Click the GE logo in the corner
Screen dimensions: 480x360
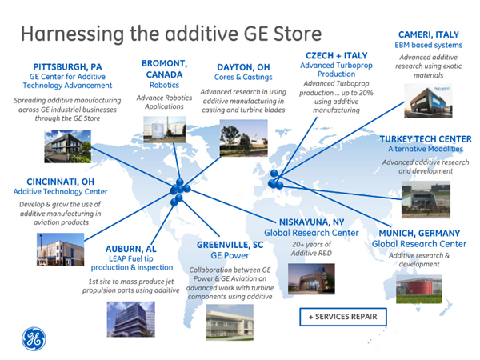pyautogui.click(x=34, y=339)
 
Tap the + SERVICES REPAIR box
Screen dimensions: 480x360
pyautogui.click(x=343, y=317)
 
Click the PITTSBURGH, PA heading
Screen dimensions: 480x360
pyautogui.click(x=67, y=67)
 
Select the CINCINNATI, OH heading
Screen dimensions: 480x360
pyautogui.click(x=60, y=182)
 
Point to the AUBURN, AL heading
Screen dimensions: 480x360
pyautogui.click(x=130, y=249)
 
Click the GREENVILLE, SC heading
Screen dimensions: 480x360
pyautogui.click(x=230, y=245)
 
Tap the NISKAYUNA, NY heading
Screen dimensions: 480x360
pyautogui.click(x=312, y=222)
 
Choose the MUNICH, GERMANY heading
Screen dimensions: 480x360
pyautogui.click(x=419, y=234)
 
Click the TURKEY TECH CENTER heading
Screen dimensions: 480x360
pyautogui.click(x=426, y=139)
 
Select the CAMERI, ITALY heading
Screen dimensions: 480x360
pyautogui.click(x=429, y=34)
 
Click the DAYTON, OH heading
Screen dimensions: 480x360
pyautogui.click(x=243, y=67)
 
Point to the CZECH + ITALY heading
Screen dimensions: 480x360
pyautogui.click(x=337, y=56)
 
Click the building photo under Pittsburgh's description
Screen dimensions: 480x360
pyautogui.click(x=68, y=146)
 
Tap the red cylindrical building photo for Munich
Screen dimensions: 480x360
pyautogui.click(x=419, y=289)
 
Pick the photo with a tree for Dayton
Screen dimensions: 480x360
pyautogui.click(x=244, y=138)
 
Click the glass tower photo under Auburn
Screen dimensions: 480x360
pyautogui.click(x=130, y=319)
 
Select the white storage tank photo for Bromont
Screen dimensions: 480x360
pyautogui.click(x=164, y=130)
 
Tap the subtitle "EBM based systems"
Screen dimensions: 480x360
pyautogui.click(x=429, y=46)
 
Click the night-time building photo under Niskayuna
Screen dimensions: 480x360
pyautogui.click(x=311, y=279)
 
